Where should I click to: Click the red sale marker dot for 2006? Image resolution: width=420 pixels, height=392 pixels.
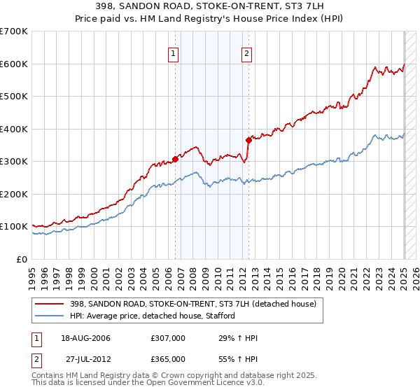click(175, 159)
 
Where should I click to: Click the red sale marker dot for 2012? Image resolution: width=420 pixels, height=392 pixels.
click(248, 140)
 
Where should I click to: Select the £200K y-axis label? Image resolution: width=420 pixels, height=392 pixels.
click(15, 194)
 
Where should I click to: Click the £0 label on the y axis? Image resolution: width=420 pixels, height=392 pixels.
click(21, 259)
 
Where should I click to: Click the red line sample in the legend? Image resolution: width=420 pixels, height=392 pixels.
click(49, 304)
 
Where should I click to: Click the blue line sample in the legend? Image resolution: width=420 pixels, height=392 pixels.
click(49, 316)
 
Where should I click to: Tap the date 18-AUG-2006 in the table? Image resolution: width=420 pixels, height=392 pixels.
click(86, 338)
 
